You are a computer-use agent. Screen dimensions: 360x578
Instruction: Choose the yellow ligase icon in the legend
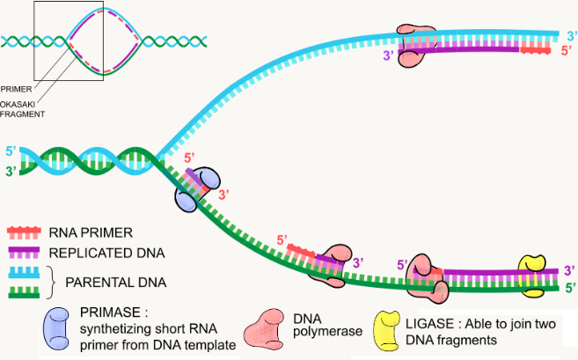(x=389, y=328)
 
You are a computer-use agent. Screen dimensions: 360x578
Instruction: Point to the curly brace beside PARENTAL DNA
(x=75, y=282)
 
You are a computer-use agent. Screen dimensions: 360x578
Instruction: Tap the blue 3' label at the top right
(x=570, y=35)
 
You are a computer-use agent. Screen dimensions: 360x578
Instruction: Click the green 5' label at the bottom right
(x=570, y=286)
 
